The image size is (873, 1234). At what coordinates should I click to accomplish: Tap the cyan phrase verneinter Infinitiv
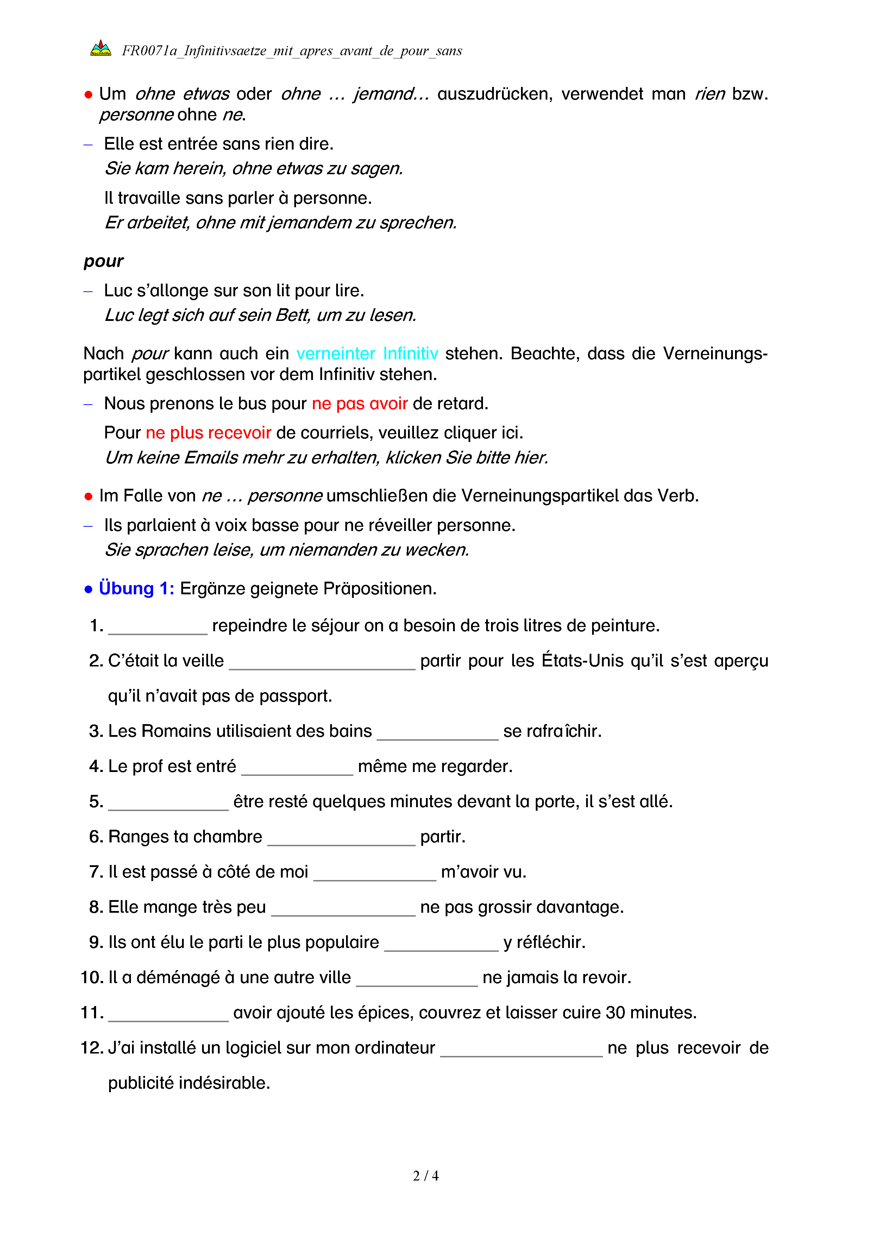(367, 353)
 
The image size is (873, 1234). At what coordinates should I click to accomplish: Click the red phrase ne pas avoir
(360, 403)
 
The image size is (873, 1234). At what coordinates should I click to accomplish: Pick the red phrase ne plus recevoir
(209, 433)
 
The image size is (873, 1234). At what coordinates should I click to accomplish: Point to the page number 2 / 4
(426, 1176)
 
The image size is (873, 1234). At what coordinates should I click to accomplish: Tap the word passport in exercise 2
(296, 696)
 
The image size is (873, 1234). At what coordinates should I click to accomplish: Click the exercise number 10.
(92, 977)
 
